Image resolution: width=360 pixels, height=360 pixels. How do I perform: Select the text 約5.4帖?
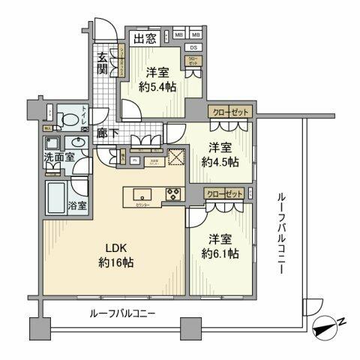click(158, 88)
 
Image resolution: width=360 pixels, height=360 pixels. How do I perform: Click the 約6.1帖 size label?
click(223, 253)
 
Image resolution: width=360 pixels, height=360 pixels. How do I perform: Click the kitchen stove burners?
click(172, 193)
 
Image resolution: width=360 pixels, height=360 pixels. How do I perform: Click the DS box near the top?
click(193, 48)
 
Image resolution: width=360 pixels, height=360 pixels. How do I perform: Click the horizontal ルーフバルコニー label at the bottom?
click(122, 313)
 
